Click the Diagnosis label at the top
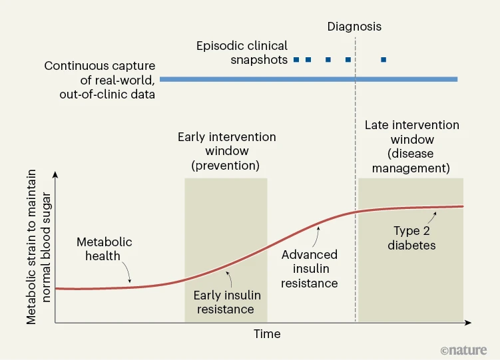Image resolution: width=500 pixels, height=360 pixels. (354, 27)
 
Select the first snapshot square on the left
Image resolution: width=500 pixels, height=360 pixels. (296, 60)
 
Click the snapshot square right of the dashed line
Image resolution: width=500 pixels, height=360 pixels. (383, 60)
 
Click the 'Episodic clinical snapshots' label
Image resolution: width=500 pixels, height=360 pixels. (242, 53)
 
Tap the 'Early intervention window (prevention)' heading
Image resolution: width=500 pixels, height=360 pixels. (226, 150)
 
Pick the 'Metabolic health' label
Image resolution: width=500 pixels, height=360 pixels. (104, 249)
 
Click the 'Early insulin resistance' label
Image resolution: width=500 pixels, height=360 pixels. (226, 302)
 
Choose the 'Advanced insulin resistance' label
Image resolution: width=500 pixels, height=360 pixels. (310, 269)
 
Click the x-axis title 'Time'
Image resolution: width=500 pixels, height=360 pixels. (267, 334)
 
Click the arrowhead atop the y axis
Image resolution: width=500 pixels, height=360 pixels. (56, 175)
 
